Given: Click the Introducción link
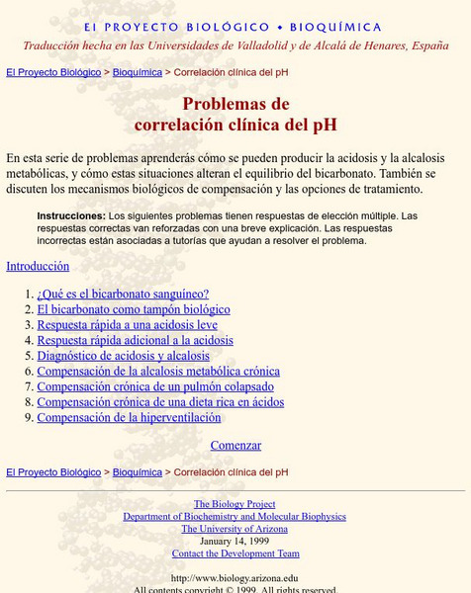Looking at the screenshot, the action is tap(38, 266).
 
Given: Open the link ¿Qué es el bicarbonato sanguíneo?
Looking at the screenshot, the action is tap(123, 294).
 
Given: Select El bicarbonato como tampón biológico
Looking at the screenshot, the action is tap(134, 309).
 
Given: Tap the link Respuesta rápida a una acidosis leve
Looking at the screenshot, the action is tap(127, 324).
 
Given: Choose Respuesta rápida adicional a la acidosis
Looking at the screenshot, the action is tap(135, 340).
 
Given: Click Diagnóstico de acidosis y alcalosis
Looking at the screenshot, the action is tap(123, 356).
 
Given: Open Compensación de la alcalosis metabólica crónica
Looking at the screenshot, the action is tap(158, 372).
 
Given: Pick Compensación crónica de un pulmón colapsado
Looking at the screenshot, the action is tap(155, 386).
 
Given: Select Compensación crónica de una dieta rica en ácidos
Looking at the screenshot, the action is tap(160, 402).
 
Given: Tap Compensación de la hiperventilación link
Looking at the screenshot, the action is tap(129, 417).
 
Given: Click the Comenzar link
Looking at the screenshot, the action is tap(235, 446).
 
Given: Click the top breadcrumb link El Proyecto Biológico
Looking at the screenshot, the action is tap(53, 72).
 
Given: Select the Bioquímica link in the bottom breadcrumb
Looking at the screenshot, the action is tap(138, 472).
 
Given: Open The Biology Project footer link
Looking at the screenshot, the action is tap(235, 504).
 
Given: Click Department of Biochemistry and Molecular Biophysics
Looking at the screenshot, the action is tap(235, 517).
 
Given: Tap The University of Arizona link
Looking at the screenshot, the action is tap(235, 529).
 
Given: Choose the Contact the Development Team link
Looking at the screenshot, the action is tap(235, 553).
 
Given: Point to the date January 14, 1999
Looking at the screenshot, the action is tap(235, 542).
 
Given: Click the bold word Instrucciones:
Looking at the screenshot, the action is tap(71, 215).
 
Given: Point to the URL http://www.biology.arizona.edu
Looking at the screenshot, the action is tap(235, 578).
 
